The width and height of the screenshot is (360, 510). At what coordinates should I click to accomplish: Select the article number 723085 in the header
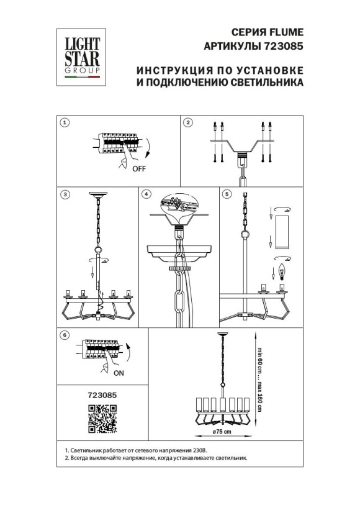click(283, 46)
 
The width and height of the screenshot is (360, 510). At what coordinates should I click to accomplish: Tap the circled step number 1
click(64, 122)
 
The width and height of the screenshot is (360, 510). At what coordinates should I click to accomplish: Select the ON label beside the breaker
click(119, 373)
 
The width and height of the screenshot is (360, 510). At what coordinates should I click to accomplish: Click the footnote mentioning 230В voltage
click(137, 450)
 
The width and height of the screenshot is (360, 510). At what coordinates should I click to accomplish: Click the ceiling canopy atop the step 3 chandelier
click(97, 196)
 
